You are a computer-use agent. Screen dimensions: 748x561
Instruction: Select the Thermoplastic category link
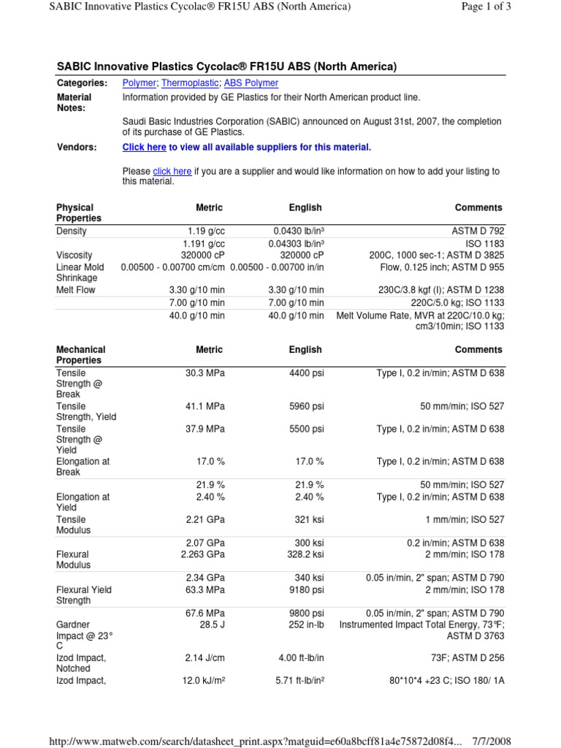[190, 83]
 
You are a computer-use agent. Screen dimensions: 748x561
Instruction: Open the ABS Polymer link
[251, 83]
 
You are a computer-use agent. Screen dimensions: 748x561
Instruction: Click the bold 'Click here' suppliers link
[144, 148]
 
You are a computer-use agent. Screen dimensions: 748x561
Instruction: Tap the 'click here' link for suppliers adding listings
[172, 172]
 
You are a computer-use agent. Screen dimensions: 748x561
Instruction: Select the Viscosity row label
[75, 256]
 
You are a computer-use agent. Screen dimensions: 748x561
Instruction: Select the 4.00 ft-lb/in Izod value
[301, 658]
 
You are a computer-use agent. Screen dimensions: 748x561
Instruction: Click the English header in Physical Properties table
[305, 208]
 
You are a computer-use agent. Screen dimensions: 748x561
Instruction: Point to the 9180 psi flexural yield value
[306, 589]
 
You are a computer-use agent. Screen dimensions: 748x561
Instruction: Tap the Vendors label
[77, 148]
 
